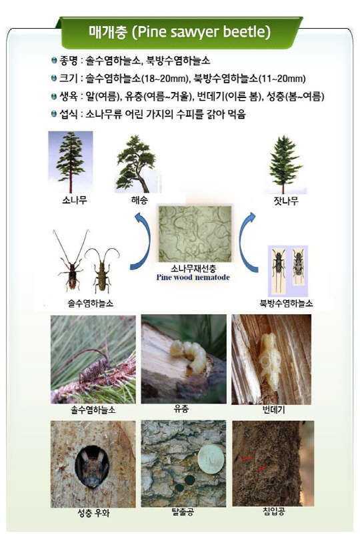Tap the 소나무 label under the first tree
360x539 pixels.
click(x=74, y=199)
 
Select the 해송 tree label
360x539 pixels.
click(x=139, y=199)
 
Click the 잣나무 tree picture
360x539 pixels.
click(x=285, y=164)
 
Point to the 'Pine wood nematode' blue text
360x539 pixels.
click(x=193, y=278)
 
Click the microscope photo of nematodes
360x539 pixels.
click(x=195, y=233)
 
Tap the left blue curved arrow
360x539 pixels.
click(x=143, y=241)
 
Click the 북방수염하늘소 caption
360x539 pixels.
click(x=286, y=303)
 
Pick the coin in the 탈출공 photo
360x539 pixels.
click(x=211, y=460)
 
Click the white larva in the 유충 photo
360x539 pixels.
click(x=189, y=357)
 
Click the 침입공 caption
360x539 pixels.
click(x=274, y=512)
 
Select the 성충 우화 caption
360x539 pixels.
click(x=93, y=513)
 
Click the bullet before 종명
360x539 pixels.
click(x=54, y=61)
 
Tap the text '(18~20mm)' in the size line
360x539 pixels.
click(x=165, y=79)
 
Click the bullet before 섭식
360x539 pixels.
click(x=54, y=114)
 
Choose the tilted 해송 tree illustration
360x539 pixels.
click(x=137, y=163)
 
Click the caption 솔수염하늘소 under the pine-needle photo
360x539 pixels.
click(x=93, y=410)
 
